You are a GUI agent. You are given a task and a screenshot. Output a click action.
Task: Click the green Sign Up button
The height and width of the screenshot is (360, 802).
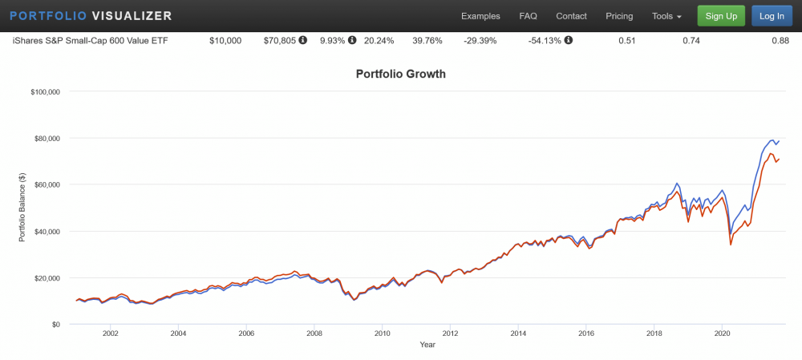[721, 16]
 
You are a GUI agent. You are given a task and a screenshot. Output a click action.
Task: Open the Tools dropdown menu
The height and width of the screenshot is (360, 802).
[666, 16]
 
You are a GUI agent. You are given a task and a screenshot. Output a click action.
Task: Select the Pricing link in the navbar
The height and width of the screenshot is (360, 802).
[619, 16]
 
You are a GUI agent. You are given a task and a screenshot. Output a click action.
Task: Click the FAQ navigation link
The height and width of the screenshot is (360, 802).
[528, 16]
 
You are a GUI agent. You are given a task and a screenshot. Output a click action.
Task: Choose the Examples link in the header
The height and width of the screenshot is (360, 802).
[480, 16]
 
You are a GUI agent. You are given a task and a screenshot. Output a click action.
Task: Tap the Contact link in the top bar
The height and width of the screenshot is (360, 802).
[571, 16]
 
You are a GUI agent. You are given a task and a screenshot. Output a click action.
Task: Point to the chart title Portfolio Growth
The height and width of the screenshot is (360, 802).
[400, 75]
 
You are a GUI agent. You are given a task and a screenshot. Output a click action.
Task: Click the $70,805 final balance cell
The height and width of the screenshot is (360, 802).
[280, 40]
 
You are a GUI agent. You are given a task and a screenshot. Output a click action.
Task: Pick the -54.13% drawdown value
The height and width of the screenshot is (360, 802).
[544, 40]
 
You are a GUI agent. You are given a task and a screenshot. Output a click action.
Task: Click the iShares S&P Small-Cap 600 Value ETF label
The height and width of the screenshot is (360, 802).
[91, 40]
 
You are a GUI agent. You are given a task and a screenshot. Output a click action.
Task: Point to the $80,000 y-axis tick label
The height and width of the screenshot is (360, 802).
[45, 138]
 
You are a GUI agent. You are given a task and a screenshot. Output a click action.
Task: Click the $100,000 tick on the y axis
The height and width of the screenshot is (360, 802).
[43, 91]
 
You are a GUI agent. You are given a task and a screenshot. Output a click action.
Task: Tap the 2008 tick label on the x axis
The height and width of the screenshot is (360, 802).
[314, 334]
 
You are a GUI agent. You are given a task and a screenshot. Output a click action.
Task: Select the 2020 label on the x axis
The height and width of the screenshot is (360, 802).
[723, 334]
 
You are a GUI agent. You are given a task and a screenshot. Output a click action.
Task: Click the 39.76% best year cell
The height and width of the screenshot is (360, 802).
[427, 40]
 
